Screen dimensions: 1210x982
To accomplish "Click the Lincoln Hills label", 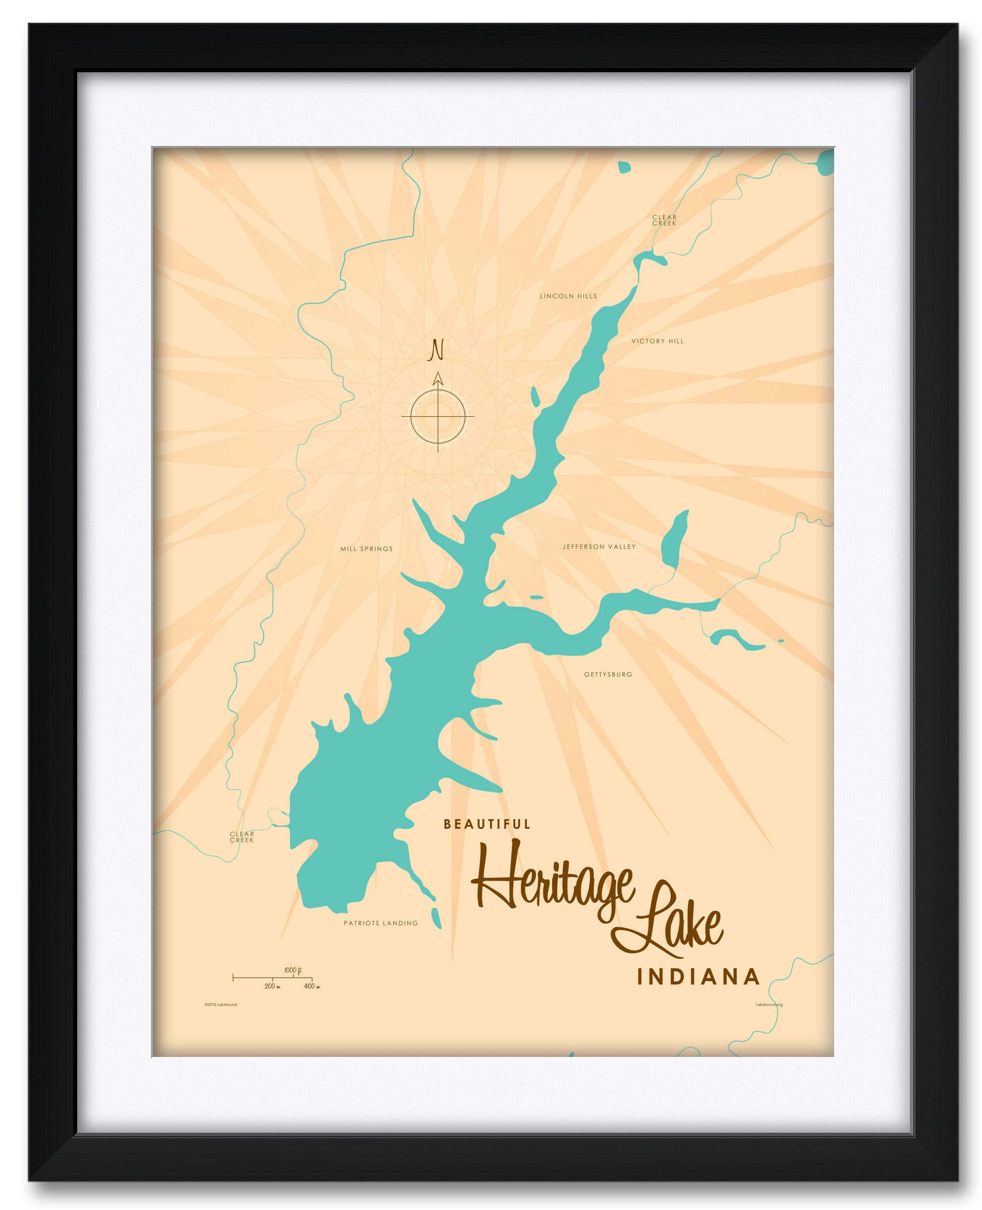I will [568, 296].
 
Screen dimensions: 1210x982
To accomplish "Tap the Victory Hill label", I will [658, 341].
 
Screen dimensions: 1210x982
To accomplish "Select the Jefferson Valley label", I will [599, 547].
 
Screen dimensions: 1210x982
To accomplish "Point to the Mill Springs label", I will [366, 548].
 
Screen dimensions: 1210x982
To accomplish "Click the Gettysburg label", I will [608, 675].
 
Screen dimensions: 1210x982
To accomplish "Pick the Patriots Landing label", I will [380, 923].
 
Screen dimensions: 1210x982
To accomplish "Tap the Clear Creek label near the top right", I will [664, 220].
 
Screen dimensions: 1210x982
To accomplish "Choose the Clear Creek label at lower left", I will [242, 837].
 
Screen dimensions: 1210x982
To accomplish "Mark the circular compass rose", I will [438, 416].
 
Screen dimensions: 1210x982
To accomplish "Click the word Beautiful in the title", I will [487, 825].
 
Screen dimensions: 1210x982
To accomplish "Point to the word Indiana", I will [698, 977].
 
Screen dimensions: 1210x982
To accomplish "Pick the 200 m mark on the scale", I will [272, 986].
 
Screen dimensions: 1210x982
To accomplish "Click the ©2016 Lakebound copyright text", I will [221, 1004].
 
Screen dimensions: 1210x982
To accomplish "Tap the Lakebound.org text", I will [769, 1004].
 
